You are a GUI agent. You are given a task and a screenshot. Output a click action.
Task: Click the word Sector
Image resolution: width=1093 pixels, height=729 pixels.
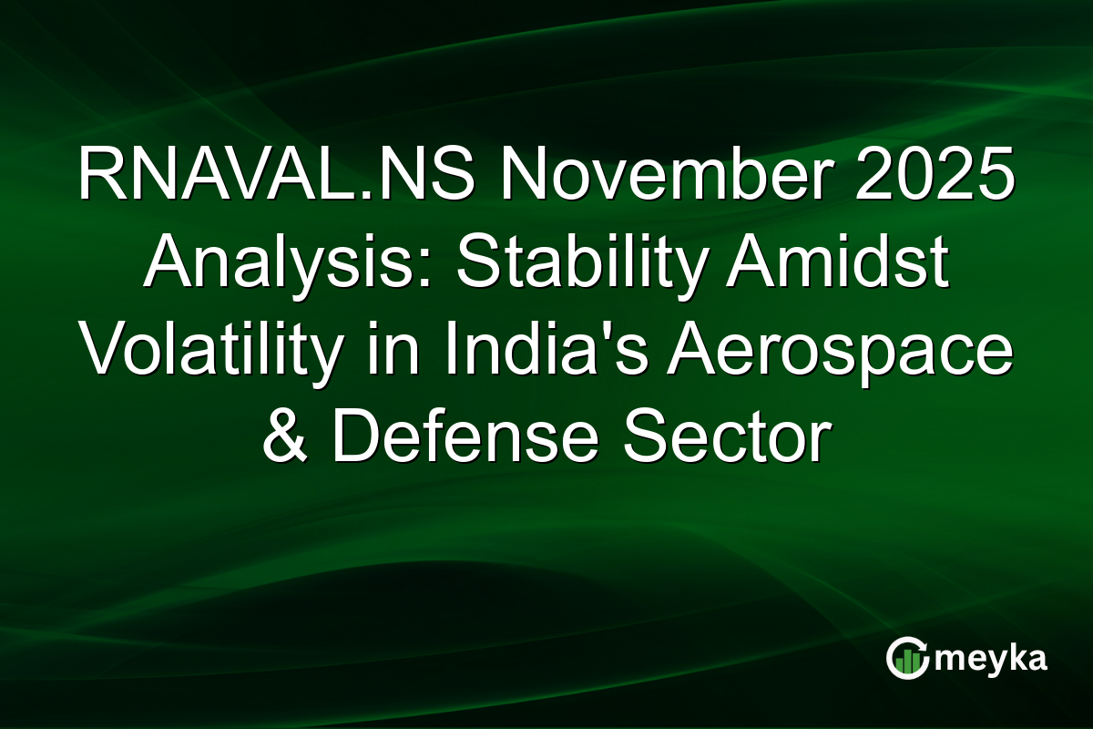point(720,439)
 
